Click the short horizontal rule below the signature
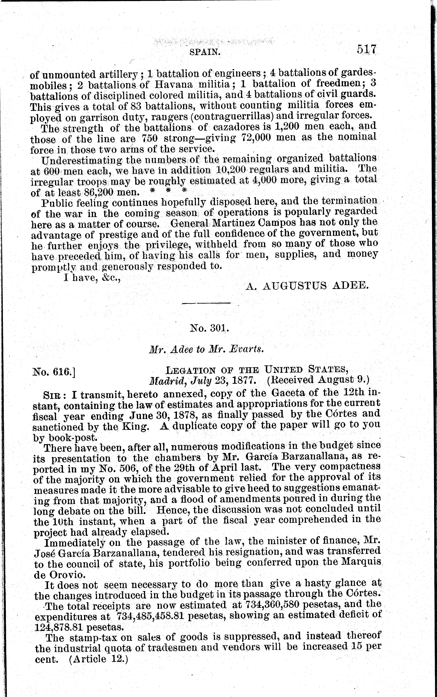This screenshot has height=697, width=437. [206, 303]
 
